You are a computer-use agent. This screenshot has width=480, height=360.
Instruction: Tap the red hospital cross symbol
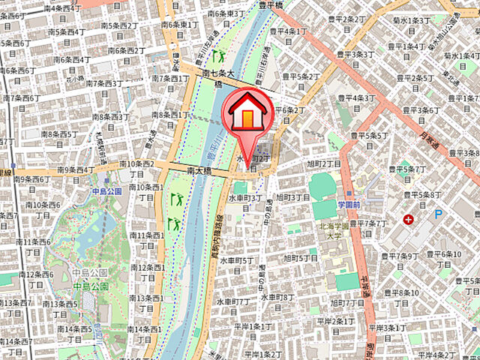click(408, 220)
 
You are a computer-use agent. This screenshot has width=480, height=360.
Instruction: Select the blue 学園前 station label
click(349, 204)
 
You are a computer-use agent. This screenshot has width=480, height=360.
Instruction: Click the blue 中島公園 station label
click(106, 191)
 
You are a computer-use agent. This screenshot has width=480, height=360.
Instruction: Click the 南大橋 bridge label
click(200, 172)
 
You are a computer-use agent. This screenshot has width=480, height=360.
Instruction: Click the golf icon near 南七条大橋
click(219, 55)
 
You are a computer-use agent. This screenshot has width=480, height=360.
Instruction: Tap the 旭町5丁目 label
click(302, 259)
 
